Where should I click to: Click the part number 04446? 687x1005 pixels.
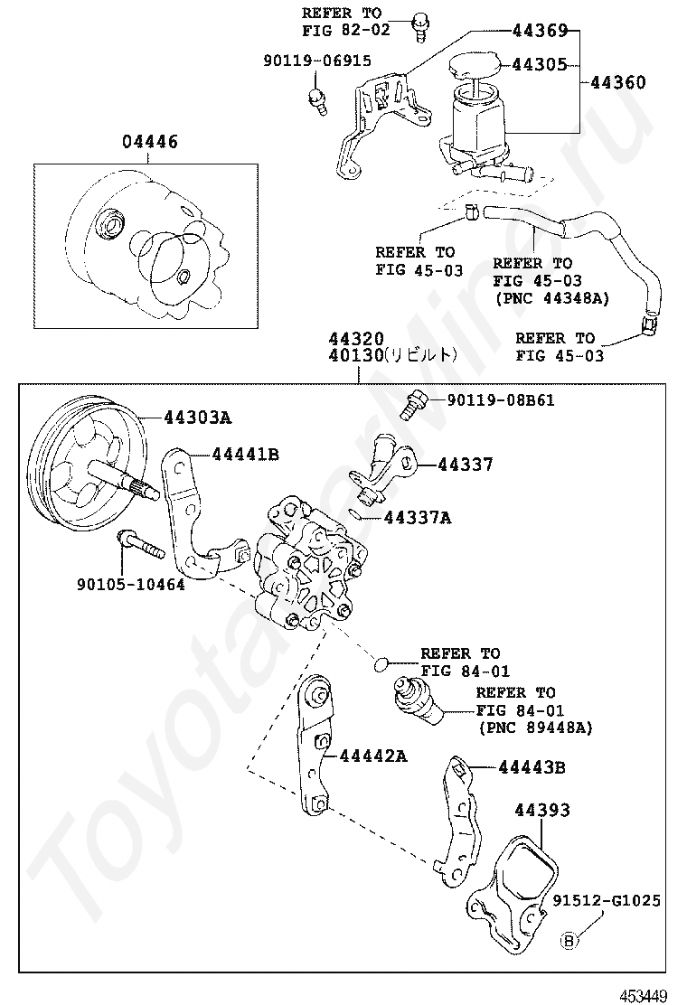click(x=150, y=143)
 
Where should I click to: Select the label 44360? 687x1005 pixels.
click(x=618, y=83)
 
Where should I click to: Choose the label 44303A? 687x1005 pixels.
click(x=198, y=418)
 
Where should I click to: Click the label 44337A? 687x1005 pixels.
click(x=417, y=518)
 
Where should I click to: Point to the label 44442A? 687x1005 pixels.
click(x=372, y=756)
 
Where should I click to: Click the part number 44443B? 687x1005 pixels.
click(x=532, y=767)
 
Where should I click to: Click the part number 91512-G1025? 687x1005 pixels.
click(x=607, y=900)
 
